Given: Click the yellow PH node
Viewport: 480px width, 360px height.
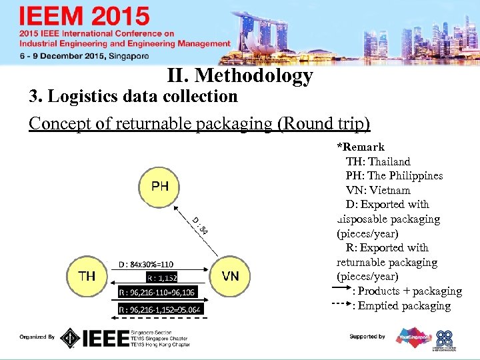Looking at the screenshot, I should coord(159,186).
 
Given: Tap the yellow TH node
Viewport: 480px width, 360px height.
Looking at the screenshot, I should coord(87,275).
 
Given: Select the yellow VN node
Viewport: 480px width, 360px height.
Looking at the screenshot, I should coord(231,275).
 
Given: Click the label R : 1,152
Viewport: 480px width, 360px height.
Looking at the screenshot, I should coord(161,277).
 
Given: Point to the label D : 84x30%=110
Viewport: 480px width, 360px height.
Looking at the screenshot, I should coord(146,264).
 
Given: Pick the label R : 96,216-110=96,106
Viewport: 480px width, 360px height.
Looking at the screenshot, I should coord(157,293).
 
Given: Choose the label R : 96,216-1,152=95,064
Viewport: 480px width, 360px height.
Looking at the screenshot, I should coord(159,309).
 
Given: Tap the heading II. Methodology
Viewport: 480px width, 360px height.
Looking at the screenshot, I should coord(240,76).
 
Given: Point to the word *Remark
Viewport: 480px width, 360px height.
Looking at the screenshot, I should coord(361,147).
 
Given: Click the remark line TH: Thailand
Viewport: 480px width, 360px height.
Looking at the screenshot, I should coord(378,161).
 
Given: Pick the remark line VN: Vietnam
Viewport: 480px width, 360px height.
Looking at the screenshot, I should coord(378,190).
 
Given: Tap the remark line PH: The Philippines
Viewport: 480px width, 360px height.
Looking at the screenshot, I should coord(394,176).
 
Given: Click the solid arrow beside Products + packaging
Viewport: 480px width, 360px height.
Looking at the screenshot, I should coord(342,291).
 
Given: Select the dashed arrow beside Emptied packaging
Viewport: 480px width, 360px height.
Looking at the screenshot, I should coord(342,306).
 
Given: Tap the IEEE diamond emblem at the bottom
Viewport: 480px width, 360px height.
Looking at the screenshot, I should coord(70,338).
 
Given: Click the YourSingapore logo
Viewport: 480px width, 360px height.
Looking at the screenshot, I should coord(414,337).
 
